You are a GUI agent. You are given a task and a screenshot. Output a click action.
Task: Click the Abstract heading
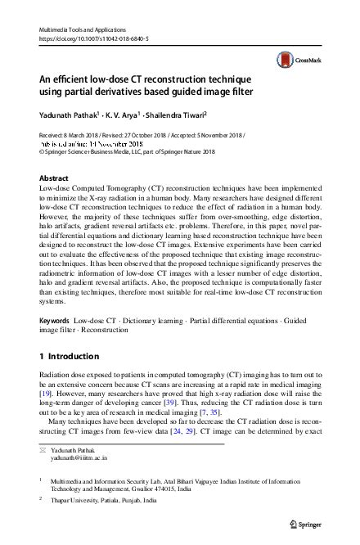click(55, 178)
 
